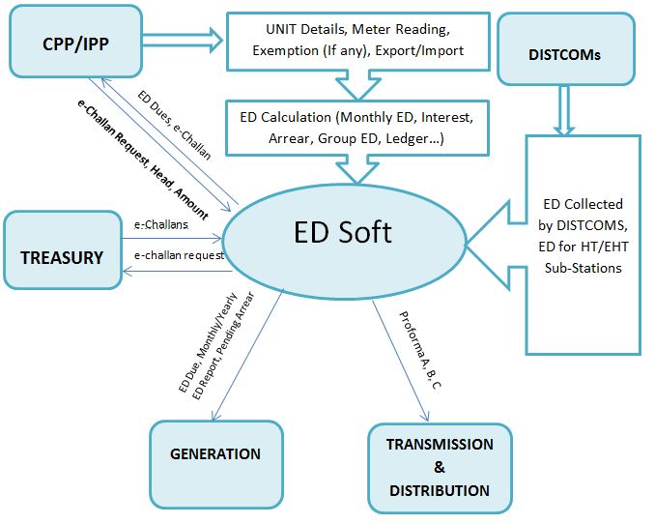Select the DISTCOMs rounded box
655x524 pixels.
(564, 54)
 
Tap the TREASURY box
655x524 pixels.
(62, 257)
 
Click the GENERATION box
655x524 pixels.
(215, 453)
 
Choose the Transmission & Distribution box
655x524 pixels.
(439, 467)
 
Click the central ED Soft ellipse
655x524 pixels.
(343, 232)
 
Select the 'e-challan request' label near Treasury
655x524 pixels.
(179, 255)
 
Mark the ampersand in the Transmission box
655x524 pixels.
(439, 467)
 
